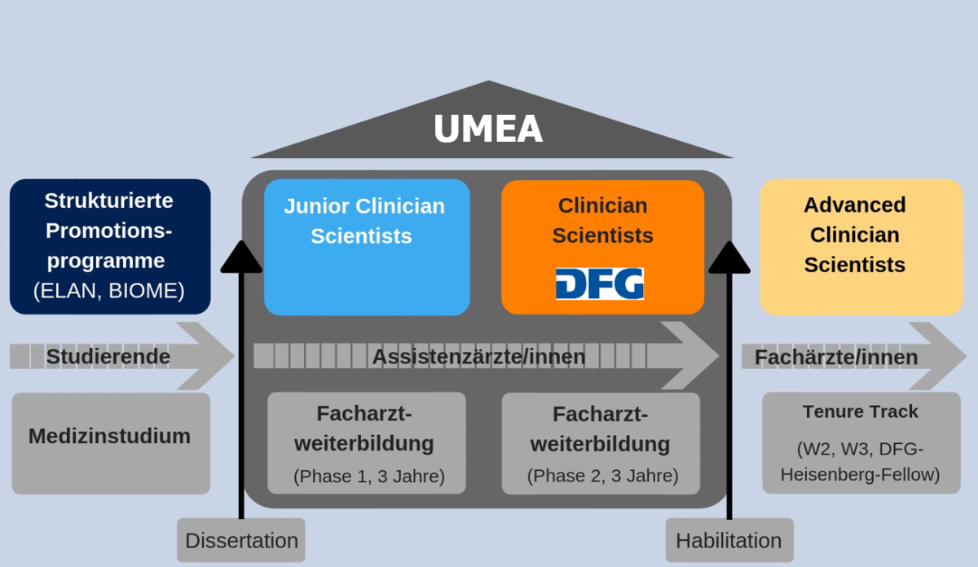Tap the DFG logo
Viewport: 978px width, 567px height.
point(599,283)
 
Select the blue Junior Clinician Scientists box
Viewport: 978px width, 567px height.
point(367,247)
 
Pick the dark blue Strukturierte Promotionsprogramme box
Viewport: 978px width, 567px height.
point(109,246)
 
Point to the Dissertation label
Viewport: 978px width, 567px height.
point(241,540)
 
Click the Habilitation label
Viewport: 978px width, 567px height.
point(729,540)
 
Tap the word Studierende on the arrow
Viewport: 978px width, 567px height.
point(108,357)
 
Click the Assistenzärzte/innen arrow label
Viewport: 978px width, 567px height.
point(478,357)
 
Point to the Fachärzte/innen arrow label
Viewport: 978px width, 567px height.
point(835,357)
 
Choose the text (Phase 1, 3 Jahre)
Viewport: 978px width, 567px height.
point(368,476)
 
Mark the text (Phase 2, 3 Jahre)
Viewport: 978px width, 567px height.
point(602,476)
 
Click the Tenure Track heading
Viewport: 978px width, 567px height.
point(860,412)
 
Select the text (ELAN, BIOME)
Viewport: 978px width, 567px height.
point(109,291)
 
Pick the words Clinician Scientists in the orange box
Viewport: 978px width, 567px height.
point(602,220)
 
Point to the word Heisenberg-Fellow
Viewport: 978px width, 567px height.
point(860,474)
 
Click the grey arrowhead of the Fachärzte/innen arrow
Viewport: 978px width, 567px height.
point(937,357)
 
